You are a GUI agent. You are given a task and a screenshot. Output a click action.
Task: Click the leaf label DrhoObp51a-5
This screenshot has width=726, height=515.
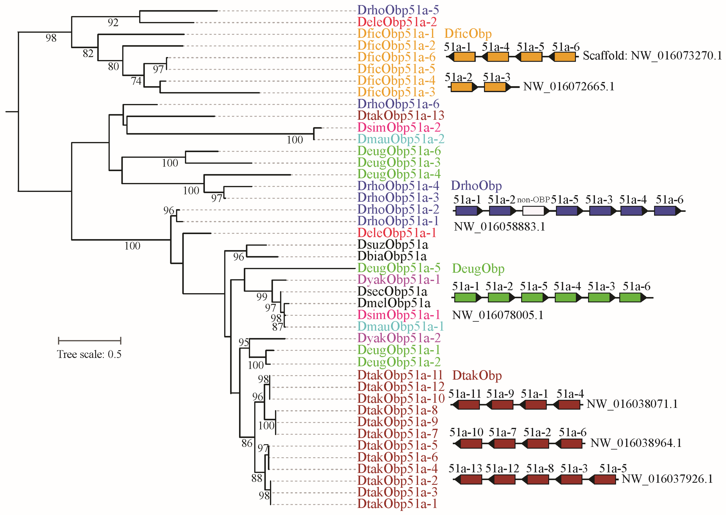pyautogui.click(x=398, y=10)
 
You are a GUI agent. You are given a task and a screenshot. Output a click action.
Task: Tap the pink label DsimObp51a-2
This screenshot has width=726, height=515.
pyautogui.click(x=399, y=127)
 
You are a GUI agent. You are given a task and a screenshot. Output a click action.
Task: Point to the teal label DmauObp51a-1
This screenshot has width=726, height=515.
pyautogui.click(x=400, y=326)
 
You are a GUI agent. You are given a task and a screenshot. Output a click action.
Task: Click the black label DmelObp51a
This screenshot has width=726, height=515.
pyautogui.click(x=394, y=303)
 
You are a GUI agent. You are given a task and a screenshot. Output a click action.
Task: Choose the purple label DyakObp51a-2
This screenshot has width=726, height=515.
pyautogui.click(x=399, y=338)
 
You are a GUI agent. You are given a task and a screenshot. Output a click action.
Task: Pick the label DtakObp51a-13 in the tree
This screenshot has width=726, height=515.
pyautogui.click(x=400, y=116)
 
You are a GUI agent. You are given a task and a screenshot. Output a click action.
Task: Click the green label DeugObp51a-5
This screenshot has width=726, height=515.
pyautogui.click(x=399, y=268)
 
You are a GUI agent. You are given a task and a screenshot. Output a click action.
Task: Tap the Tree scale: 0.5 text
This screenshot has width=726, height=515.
pyautogui.click(x=89, y=354)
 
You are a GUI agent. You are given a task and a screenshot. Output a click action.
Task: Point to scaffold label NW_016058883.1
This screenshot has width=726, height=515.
pyautogui.click(x=499, y=227)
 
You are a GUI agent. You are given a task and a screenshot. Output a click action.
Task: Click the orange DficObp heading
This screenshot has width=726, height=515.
pyautogui.click(x=468, y=34)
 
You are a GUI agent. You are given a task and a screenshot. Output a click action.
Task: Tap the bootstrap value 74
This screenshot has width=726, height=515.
pyautogui.click(x=136, y=81)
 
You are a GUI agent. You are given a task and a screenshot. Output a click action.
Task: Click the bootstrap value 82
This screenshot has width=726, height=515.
pyautogui.click(x=88, y=54)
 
